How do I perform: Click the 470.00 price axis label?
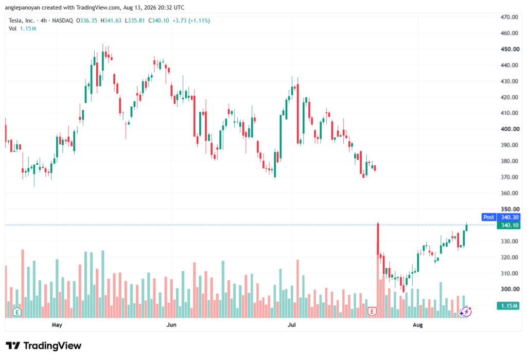pos(510,17)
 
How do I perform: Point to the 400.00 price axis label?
pos(510,129)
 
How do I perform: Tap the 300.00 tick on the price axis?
pos(510,289)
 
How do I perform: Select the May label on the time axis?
pos(57,324)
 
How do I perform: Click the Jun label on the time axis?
pos(171,324)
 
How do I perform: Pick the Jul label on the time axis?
pos(292,324)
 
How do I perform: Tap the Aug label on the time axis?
pos(418,324)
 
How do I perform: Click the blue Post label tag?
pos(489,217)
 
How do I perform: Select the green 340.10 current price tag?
pos(509,225)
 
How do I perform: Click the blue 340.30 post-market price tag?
pos(509,217)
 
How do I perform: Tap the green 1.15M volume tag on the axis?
pos(509,306)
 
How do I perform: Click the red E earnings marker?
pos(372,312)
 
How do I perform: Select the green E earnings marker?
pos(17,312)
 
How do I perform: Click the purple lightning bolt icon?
pos(466,312)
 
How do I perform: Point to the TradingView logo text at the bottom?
pos(52,346)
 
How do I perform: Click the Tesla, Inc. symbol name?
pos(22,21)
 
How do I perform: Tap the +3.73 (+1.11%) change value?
pos(191,21)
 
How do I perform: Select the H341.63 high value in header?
pos(111,21)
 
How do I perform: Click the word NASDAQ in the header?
pos(62,21)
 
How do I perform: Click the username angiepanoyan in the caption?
pos(23,7)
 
